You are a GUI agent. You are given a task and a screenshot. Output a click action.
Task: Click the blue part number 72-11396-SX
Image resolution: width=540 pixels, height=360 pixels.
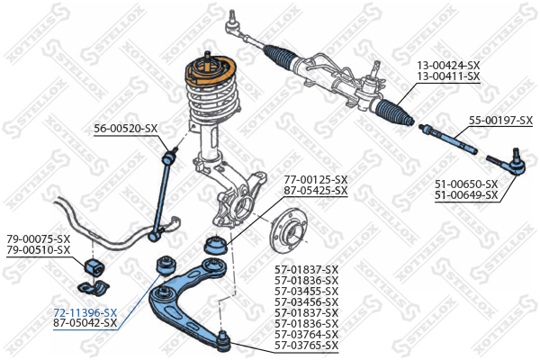[85, 313]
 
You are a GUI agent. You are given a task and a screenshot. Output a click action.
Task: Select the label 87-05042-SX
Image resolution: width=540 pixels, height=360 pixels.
[85, 323]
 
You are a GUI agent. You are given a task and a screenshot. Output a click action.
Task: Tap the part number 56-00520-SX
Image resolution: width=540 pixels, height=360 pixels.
[126, 129]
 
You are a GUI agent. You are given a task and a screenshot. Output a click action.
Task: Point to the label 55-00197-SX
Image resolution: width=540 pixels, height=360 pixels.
[500, 121]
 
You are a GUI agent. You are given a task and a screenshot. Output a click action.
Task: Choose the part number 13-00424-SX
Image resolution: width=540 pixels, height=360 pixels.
[448, 65]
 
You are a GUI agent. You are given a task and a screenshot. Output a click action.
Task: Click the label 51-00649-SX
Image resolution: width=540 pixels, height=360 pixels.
[466, 195]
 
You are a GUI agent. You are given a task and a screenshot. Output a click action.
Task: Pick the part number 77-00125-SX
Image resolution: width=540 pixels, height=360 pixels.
[316, 179]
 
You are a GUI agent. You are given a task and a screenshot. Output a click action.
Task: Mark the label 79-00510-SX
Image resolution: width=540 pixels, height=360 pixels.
[39, 250]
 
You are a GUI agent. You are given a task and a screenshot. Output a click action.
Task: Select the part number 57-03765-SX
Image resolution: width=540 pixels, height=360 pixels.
[307, 346]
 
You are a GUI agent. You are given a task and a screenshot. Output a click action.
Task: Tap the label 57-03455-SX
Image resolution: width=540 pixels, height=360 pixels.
[307, 291]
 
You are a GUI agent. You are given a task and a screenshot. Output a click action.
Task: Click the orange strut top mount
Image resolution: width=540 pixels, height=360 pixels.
[210, 74]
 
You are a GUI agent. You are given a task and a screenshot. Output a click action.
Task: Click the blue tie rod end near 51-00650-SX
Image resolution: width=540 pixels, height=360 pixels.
[508, 163]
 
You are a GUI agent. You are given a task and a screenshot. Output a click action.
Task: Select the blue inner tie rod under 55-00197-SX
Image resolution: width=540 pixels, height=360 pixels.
[447, 139]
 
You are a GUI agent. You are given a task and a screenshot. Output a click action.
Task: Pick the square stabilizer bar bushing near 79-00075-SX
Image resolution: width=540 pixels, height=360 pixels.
[94, 266]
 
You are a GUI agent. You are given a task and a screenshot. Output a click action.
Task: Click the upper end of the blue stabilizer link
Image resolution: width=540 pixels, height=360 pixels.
[169, 157]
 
